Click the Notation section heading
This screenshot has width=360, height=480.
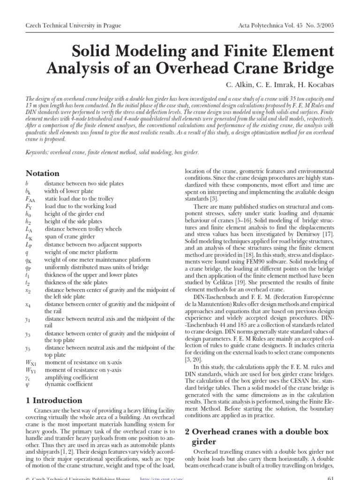pos(43,173)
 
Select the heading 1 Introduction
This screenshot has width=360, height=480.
pos(54,400)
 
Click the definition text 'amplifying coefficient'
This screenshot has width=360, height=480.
pos(71,377)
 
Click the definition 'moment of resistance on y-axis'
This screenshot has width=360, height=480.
pos(82,369)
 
